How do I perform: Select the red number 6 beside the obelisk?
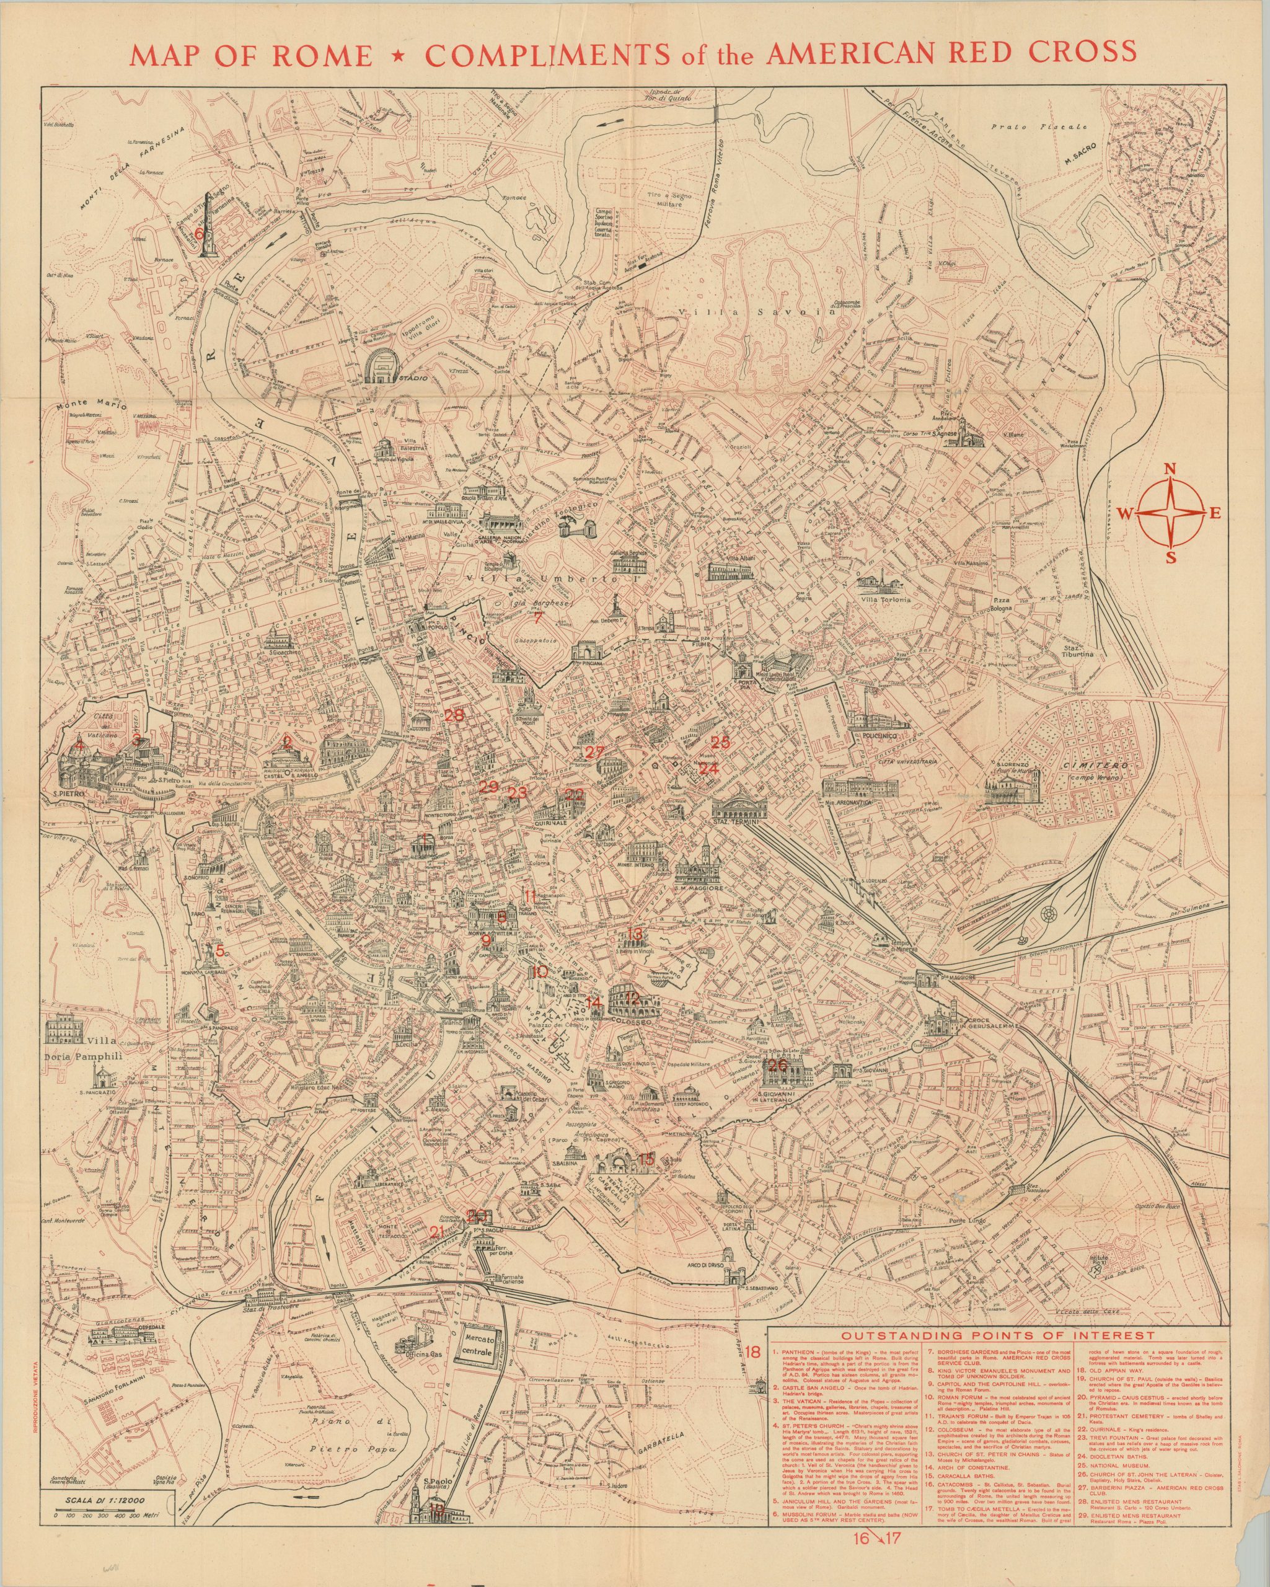pyautogui.click(x=197, y=231)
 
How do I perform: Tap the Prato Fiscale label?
pyautogui.click(x=1038, y=127)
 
